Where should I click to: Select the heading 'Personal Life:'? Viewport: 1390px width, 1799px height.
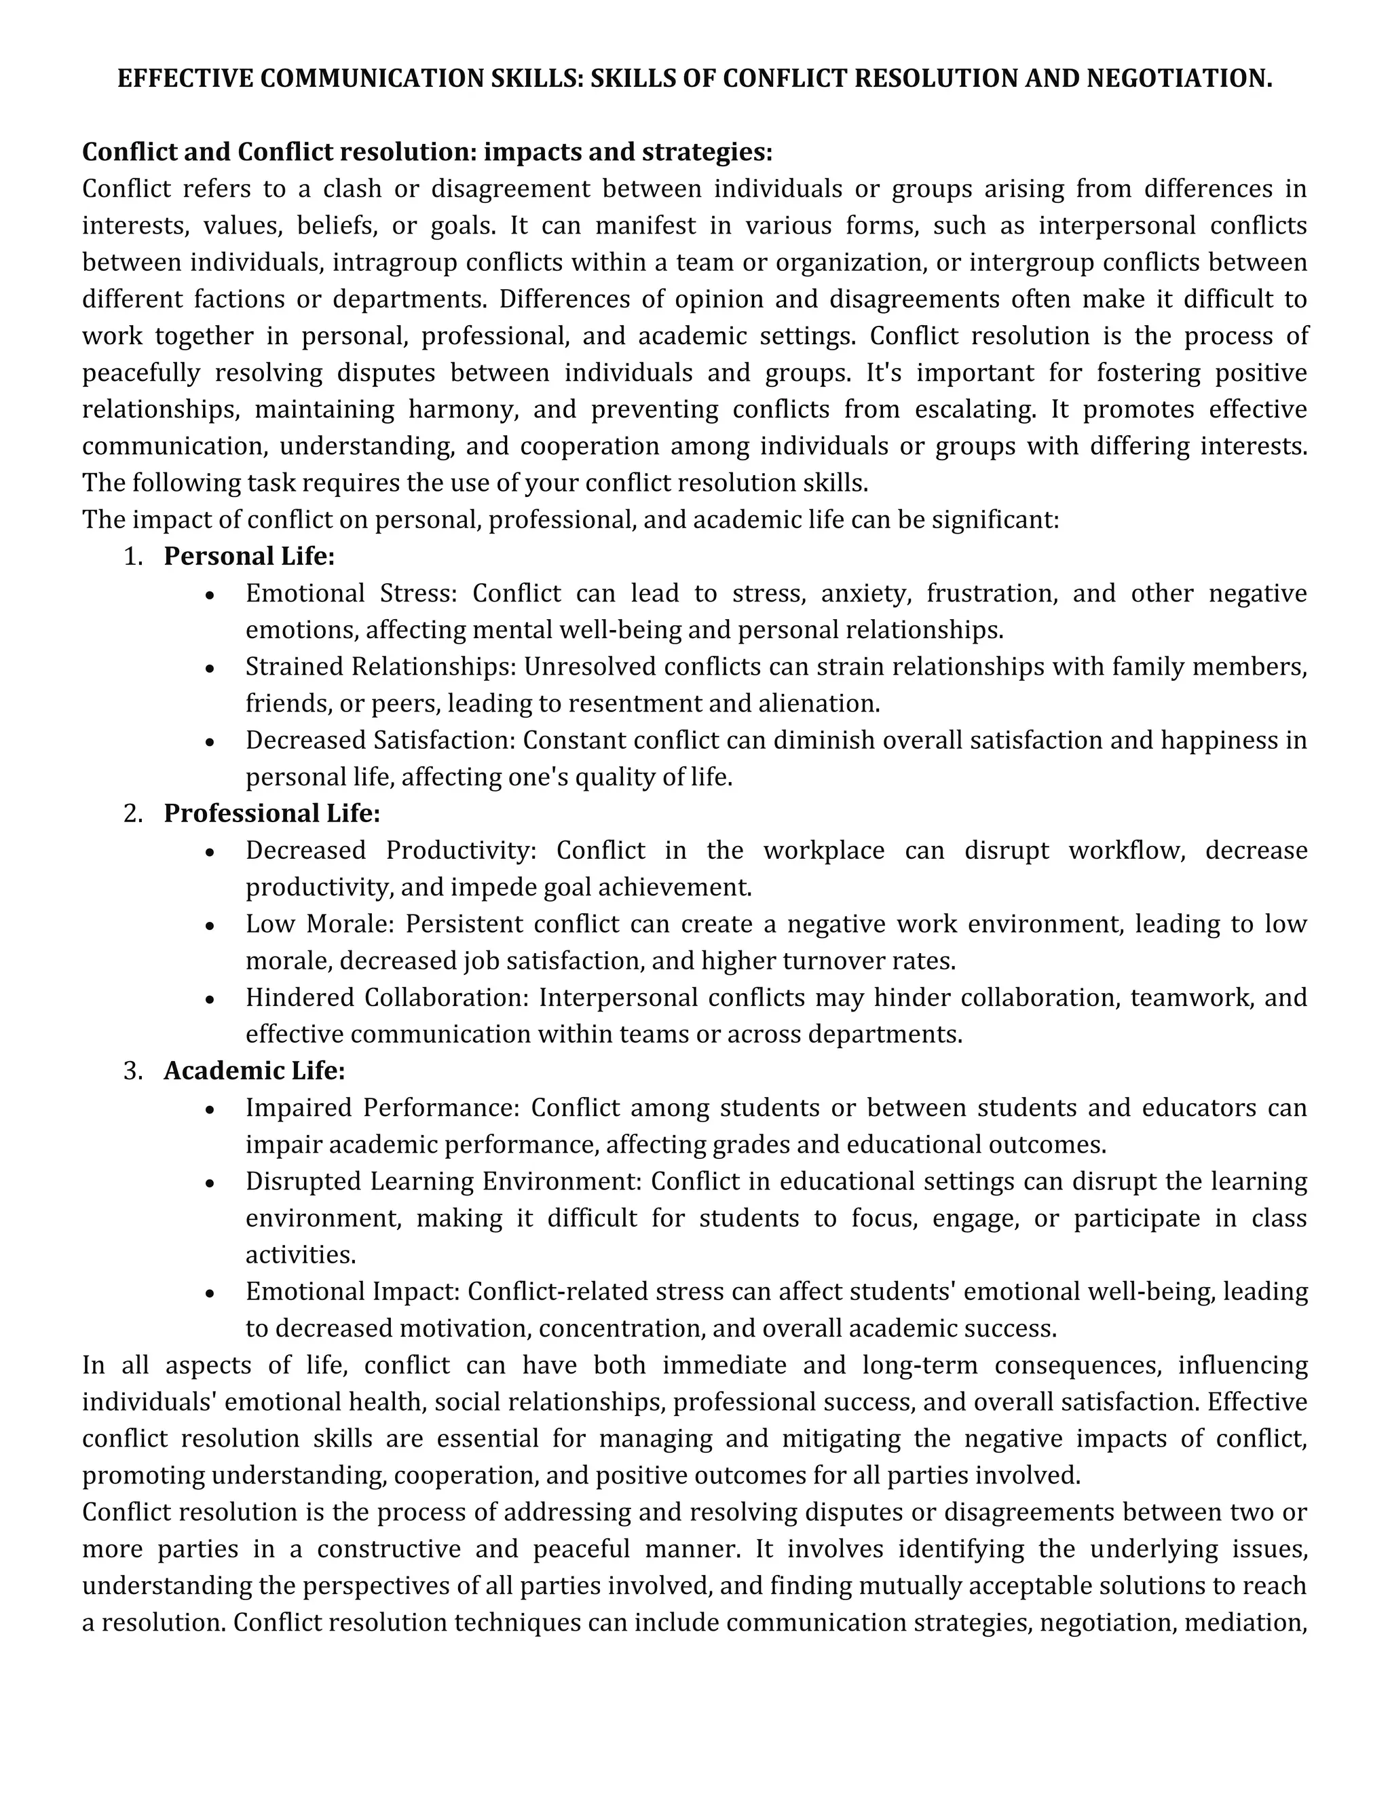[248, 557]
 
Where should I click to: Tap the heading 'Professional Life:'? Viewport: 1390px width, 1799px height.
[271, 814]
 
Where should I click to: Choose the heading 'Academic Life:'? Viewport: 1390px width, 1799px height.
[255, 1071]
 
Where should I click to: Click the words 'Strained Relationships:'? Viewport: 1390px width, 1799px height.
[381, 667]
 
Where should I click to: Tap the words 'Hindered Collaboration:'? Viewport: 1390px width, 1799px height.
[387, 997]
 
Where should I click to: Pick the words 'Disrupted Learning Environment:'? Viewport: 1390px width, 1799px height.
[443, 1181]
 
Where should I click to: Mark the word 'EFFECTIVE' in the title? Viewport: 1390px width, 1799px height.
[185, 78]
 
